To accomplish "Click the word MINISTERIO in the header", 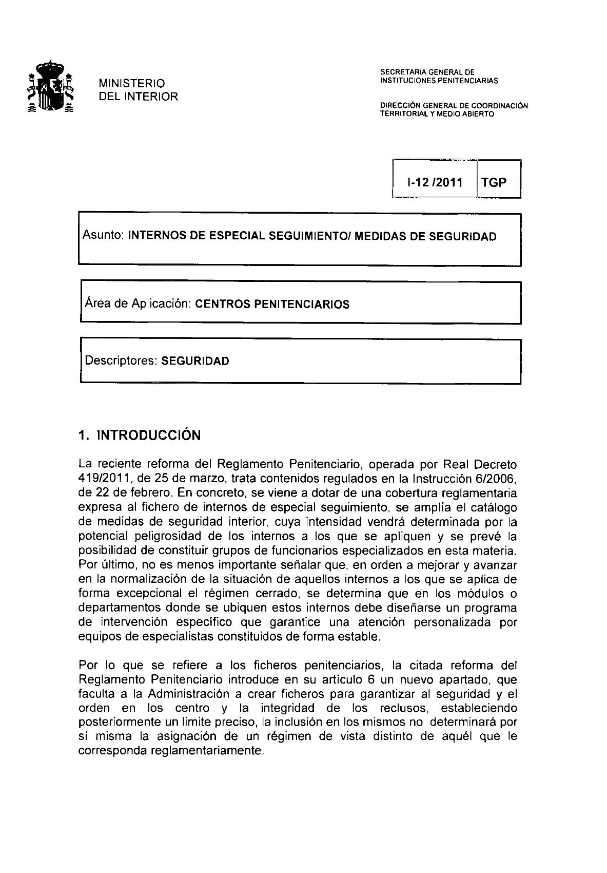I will click(x=132, y=83).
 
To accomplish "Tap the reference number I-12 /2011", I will click(x=434, y=182).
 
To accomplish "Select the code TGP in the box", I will click(x=494, y=182).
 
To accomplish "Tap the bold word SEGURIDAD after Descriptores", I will click(x=195, y=361).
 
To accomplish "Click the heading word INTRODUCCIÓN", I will click(x=149, y=435).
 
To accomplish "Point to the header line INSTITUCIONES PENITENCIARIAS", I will click(x=439, y=81).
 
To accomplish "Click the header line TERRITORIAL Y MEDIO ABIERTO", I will click(x=437, y=114).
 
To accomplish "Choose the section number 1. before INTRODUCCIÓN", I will click(x=84, y=435).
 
